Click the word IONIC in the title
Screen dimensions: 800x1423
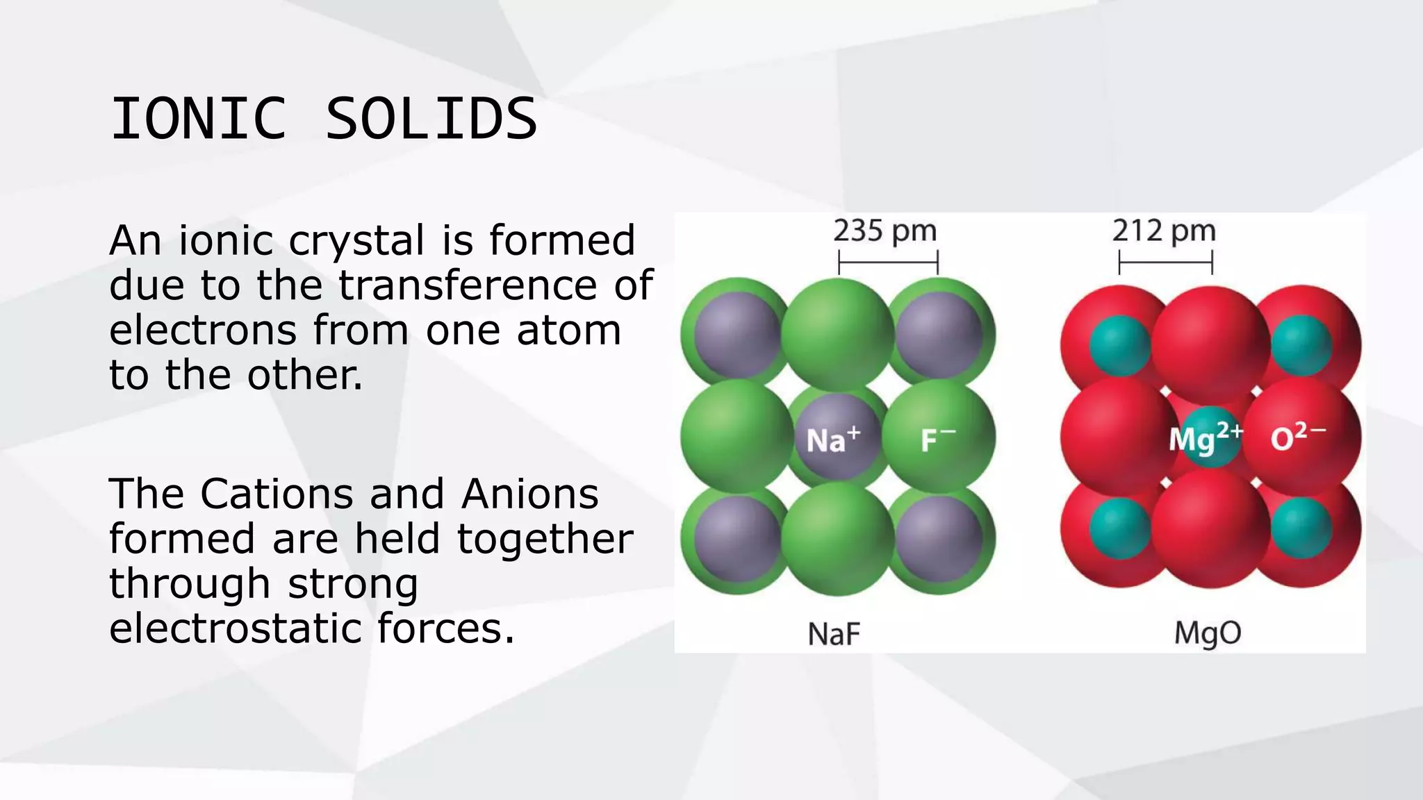point(199,119)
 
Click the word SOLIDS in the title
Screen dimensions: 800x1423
point(431,119)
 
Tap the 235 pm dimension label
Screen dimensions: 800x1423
point(885,231)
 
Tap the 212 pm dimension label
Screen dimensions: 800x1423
point(1164,231)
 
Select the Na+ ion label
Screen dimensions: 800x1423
point(833,440)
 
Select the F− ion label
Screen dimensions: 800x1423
point(937,440)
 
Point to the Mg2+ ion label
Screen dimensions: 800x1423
point(1205,439)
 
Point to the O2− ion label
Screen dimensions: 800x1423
point(1297,437)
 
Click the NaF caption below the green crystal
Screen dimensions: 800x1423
point(834,633)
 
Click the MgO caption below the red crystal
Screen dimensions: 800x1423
point(1208,633)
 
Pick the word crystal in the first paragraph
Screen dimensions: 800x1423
point(356,242)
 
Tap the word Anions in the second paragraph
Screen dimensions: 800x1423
point(529,494)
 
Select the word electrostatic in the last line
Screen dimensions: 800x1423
point(235,628)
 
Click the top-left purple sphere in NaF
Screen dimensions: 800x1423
point(737,335)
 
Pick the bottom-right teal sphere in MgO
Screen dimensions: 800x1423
point(1301,528)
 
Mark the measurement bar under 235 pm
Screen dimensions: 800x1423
point(888,263)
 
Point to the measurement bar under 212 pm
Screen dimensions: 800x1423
point(1165,263)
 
